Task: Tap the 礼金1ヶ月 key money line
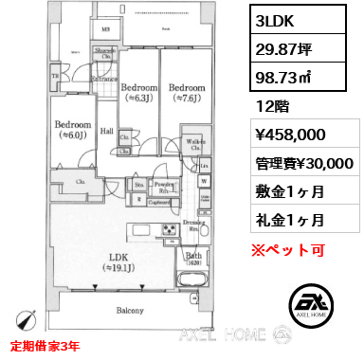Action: click(289, 219)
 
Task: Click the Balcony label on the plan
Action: click(130, 311)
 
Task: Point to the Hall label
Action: click(107, 131)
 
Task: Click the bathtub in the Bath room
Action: click(190, 279)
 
